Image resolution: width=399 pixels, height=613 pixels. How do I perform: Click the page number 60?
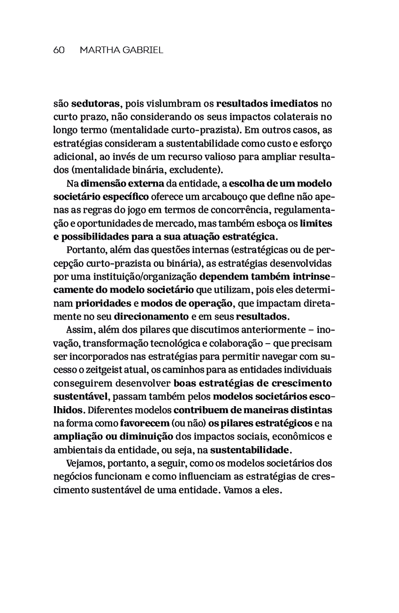pyautogui.click(x=59, y=50)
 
